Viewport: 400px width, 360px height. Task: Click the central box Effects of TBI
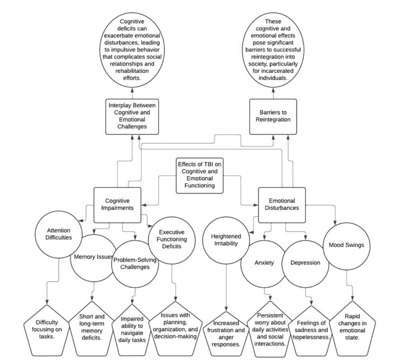tap(200, 175)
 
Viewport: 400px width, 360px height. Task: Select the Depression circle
tap(305, 263)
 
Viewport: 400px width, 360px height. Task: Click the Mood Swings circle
tap(347, 245)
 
